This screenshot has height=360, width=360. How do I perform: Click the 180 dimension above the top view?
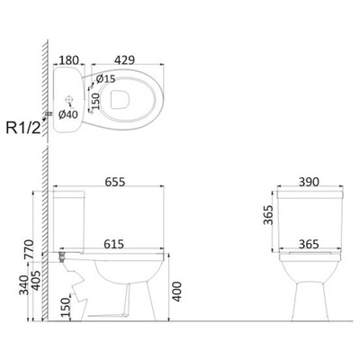tap(67, 56)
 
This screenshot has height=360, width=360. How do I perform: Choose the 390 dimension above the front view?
tap(309, 182)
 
